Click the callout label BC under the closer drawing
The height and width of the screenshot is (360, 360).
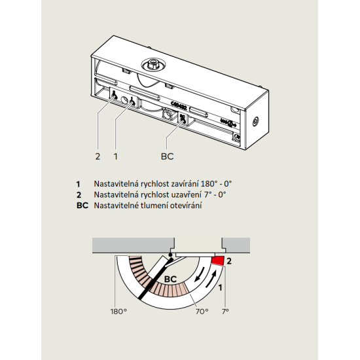168,156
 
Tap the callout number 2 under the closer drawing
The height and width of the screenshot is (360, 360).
98,156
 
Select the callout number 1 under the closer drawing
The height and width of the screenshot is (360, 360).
115,156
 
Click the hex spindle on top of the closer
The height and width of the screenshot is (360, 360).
151,64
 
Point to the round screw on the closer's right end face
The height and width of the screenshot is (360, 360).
255,121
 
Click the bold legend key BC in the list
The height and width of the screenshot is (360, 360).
82,206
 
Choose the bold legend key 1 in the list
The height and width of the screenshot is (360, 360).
79,184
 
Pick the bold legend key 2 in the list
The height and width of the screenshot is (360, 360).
79,195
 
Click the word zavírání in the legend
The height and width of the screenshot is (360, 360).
185,184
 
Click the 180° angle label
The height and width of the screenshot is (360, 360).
118,312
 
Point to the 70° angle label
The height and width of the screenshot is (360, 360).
202,312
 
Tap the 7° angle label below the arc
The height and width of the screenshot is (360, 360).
225,312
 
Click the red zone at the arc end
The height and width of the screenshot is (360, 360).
218,261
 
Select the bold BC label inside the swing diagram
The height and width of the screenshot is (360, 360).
171,279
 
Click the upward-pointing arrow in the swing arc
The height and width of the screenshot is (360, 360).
211,279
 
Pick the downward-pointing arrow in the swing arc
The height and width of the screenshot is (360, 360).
200,274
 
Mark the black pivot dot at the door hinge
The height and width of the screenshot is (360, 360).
170,255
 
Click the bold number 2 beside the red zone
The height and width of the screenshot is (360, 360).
229,261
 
